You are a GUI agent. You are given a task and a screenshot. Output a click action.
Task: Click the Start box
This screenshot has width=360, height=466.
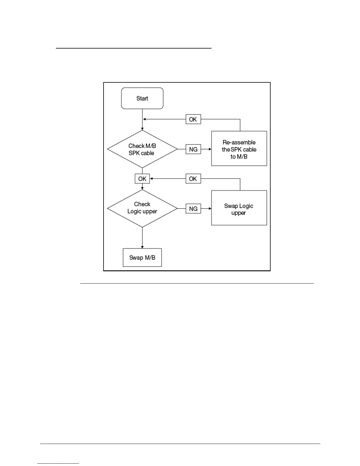coord(142,98)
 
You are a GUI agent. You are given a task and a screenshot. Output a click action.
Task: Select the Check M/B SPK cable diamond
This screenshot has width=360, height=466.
coord(142,149)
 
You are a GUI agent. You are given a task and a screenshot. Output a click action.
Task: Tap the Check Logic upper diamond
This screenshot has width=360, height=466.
coord(142,208)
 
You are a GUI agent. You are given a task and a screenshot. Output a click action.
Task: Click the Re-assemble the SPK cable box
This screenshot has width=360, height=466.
coord(239,149)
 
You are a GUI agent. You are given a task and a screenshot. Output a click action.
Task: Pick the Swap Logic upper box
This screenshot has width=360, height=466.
coord(239,208)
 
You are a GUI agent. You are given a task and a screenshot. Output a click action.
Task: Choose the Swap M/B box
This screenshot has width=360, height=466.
coord(142,258)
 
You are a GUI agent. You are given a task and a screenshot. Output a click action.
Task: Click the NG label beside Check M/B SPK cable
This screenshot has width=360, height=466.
coord(193,149)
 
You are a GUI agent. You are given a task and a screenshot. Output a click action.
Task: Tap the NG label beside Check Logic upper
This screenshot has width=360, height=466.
coord(193,209)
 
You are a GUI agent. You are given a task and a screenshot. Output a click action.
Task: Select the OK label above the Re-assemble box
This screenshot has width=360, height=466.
coord(193,119)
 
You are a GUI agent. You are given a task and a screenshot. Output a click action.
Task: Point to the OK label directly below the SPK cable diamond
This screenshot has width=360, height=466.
coord(142,179)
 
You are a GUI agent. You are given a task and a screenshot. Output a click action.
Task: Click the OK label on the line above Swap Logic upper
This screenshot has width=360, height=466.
coord(193,179)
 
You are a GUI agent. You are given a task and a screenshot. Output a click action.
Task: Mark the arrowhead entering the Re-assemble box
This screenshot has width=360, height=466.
coord(210,149)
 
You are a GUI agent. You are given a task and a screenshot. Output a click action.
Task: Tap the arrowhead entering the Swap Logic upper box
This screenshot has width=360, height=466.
coord(210,209)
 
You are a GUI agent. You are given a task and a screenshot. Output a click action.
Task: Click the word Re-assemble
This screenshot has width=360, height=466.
coord(239,142)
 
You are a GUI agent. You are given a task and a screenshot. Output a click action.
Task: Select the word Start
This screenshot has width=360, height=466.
coord(142,98)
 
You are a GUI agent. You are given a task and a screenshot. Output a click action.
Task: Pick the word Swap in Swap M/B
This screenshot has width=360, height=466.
coord(136,258)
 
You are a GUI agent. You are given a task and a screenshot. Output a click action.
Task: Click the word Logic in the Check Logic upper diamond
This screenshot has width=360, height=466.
coord(134,212)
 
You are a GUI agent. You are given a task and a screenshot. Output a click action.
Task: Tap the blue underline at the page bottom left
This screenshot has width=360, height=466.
coord(58,463)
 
